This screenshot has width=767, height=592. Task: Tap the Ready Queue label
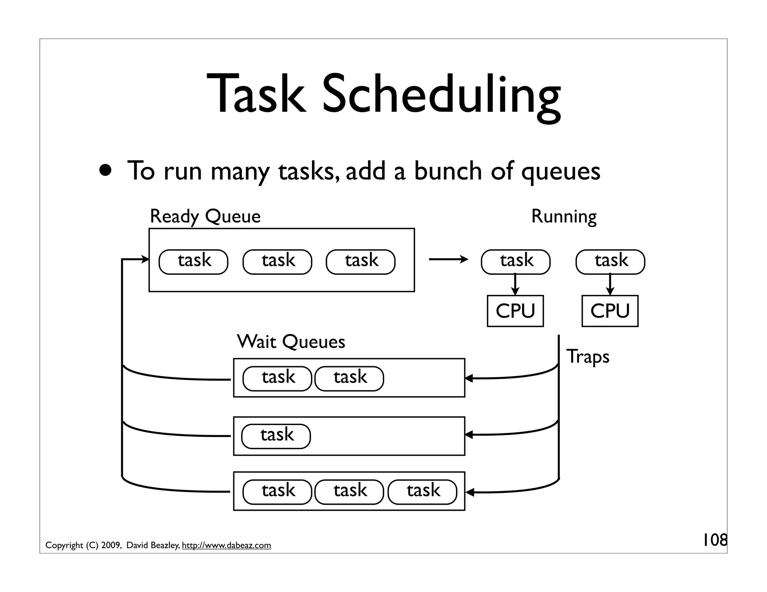pos(205,216)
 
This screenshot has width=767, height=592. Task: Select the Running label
pos(564,216)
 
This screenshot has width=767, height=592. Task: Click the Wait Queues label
pos(291,341)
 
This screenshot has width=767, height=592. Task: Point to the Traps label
pos(588,356)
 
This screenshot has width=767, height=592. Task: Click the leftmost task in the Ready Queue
pos(193,262)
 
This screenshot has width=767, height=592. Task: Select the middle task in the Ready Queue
pos(277,262)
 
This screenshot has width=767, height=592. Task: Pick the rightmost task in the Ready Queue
pos(361,262)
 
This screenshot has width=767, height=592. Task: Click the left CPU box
pos(515,311)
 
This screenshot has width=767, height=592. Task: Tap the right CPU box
pos(610,311)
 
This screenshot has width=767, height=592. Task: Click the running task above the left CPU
pos(516,262)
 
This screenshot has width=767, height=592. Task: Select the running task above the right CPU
pos(610,262)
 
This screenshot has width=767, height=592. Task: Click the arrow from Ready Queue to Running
pos(448,259)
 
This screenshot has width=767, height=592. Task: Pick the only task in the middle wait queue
pos(276,436)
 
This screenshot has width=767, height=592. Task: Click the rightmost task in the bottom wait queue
pos(422,492)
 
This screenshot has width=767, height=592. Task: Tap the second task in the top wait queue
pos(349,378)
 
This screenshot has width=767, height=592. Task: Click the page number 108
pos(714,540)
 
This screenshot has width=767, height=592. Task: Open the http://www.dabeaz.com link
pos(226,545)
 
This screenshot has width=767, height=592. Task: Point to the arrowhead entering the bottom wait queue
pos(470,492)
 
